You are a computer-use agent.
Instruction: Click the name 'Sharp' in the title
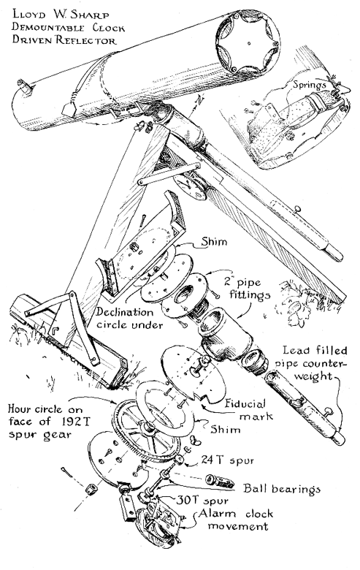89,15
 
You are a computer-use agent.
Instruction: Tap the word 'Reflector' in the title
86,40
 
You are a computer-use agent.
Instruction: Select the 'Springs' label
310,85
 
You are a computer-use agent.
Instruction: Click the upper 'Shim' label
215,241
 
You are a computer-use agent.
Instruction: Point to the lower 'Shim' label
226,429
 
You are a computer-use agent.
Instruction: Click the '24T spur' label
227,460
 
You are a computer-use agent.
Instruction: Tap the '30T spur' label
202,500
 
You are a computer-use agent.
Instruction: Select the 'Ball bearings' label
282,489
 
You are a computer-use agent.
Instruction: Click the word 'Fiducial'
245,404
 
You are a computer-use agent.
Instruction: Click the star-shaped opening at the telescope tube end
248,42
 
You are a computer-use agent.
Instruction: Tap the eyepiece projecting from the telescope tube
25,86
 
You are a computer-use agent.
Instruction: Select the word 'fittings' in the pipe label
250,294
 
